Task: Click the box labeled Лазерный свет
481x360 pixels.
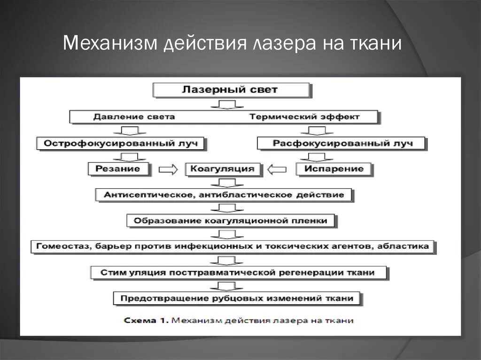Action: [230, 90]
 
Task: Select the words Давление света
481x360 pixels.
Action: [134, 116]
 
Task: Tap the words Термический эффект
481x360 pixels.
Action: [304, 116]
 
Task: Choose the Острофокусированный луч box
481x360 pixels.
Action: [120, 143]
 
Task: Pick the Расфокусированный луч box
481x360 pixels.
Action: [341, 143]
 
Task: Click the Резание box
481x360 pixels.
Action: [120, 169]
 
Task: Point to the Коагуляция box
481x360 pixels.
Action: [223, 169]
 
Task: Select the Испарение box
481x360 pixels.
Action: [334, 169]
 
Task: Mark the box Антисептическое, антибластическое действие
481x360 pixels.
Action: [224, 194]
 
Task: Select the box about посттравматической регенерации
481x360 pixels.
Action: [238, 272]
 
